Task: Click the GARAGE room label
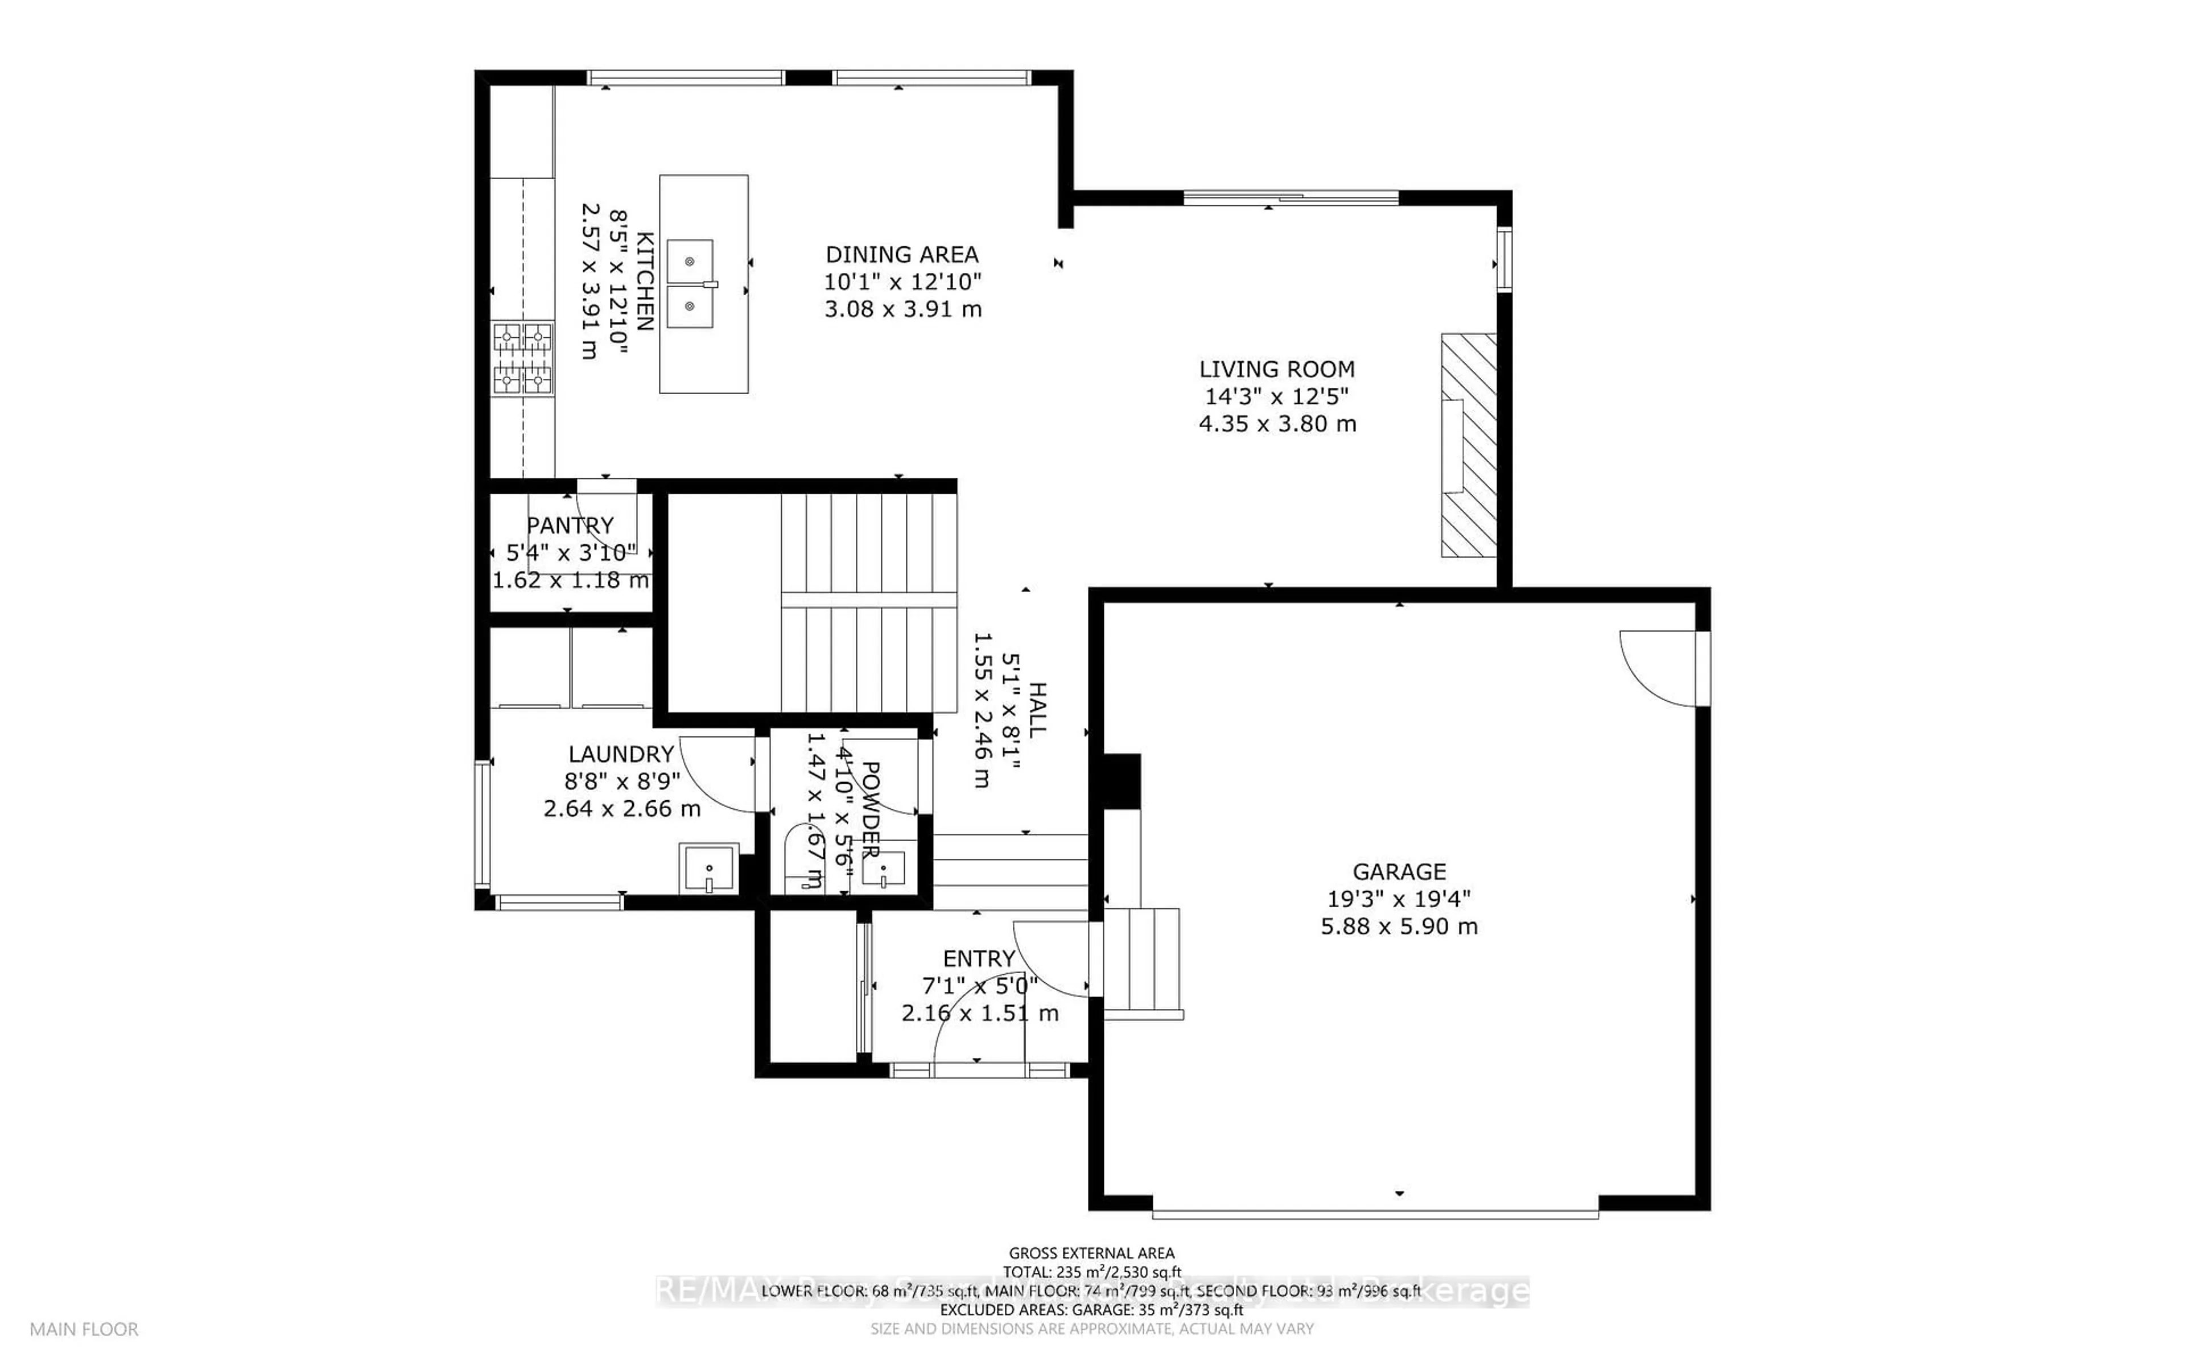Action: point(1399,871)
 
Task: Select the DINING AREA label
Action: point(901,255)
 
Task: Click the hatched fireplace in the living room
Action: point(1468,445)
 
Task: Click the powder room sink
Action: point(883,870)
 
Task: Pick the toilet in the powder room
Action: point(800,858)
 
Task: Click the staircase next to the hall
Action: point(867,601)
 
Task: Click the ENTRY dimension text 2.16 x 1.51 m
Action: point(980,1013)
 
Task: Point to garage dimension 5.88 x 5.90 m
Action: point(1399,926)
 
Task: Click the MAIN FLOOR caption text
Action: point(84,1329)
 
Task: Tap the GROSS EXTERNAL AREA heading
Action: point(1091,1253)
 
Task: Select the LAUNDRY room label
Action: point(621,754)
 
